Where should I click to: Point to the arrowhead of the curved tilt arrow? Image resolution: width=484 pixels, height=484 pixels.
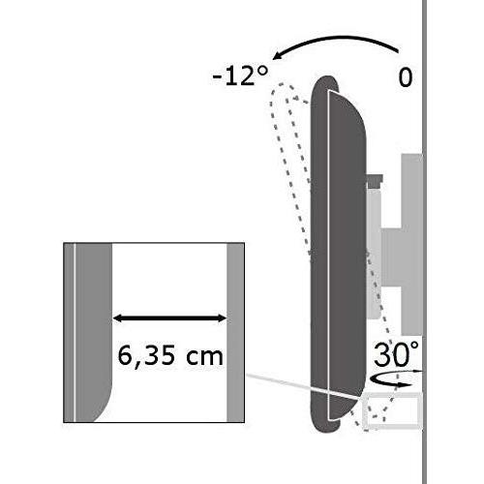(x=274, y=56)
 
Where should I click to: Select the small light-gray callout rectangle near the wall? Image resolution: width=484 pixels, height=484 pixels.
(x=393, y=411)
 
